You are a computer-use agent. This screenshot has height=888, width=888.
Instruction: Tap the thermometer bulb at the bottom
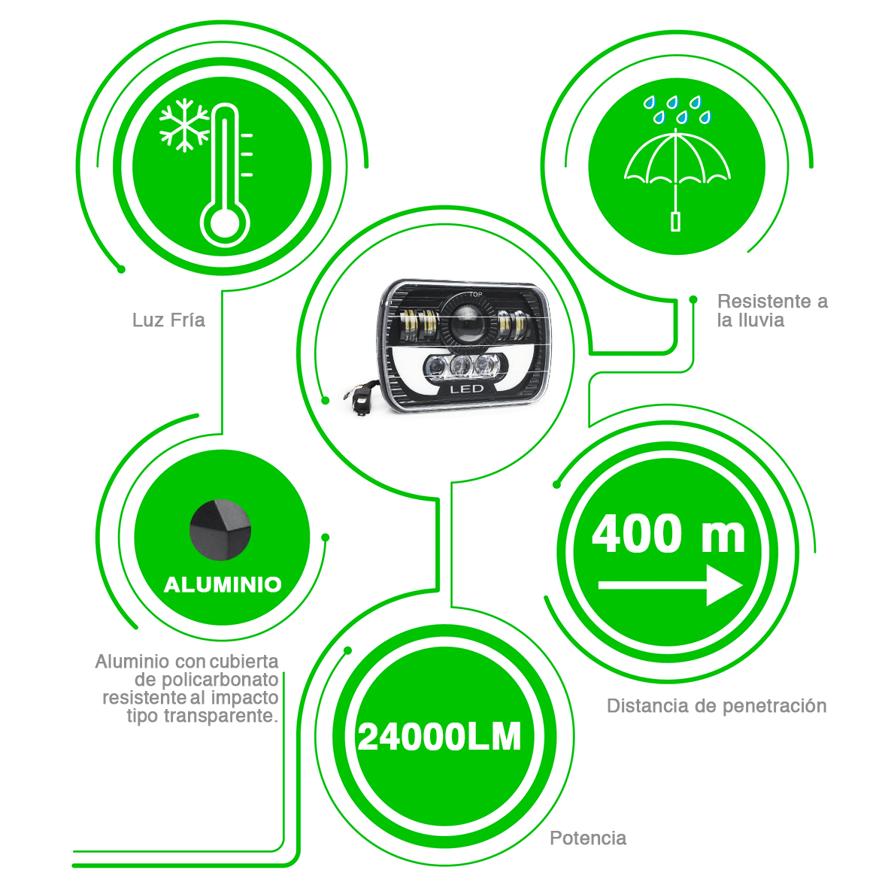224,223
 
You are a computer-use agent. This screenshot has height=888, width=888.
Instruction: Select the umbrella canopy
677,159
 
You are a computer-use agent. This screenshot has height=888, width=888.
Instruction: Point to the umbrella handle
675,221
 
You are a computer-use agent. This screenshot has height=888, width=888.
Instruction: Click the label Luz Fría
168,320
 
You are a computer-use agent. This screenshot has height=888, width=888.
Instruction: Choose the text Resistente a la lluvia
772,311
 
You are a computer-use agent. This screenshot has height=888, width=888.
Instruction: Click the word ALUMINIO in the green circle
223,584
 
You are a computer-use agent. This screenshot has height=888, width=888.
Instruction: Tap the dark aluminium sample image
220,529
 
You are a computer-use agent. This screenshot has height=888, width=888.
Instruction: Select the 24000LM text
440,738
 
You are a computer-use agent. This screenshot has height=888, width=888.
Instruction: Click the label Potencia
588,838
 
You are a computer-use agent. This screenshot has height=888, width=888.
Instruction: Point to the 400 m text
668,534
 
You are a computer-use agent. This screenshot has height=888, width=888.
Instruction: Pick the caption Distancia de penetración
717,706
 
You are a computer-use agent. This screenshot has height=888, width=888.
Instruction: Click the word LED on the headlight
466,390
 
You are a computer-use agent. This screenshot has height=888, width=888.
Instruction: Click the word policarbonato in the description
220,680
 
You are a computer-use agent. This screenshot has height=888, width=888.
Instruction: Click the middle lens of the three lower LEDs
460,366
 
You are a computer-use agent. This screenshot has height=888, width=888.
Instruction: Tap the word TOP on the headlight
475,294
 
